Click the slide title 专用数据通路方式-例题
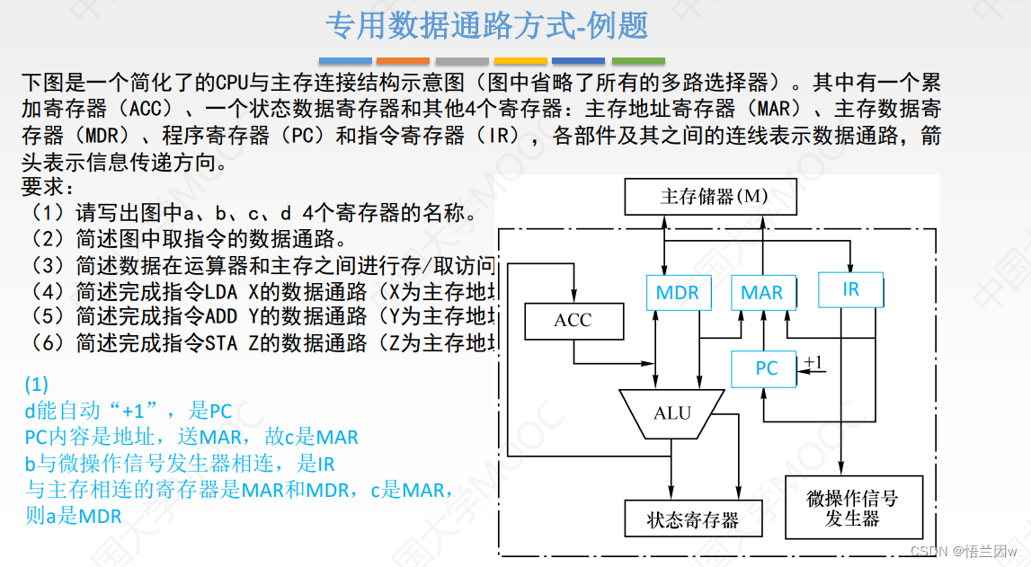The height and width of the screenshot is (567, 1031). [486, 26]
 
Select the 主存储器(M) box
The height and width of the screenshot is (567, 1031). [709, 196]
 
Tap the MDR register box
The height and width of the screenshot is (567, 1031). [678, 293]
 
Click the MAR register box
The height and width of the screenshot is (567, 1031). [761, 293]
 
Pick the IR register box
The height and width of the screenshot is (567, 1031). [850, 289]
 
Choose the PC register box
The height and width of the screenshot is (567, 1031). [765, 368]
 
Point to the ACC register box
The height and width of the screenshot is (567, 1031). [573, 321]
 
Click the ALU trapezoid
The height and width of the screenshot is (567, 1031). [671, 413]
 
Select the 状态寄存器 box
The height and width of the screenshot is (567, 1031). [692, 519]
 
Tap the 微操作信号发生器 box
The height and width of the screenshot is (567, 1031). [853, 508]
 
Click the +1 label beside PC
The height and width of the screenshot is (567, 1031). [813, 363]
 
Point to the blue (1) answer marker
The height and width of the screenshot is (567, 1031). [37, 385]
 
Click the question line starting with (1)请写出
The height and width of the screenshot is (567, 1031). [247, 214]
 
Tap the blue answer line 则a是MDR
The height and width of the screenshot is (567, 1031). [74, 517]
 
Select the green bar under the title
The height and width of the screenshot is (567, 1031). [638, 61]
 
